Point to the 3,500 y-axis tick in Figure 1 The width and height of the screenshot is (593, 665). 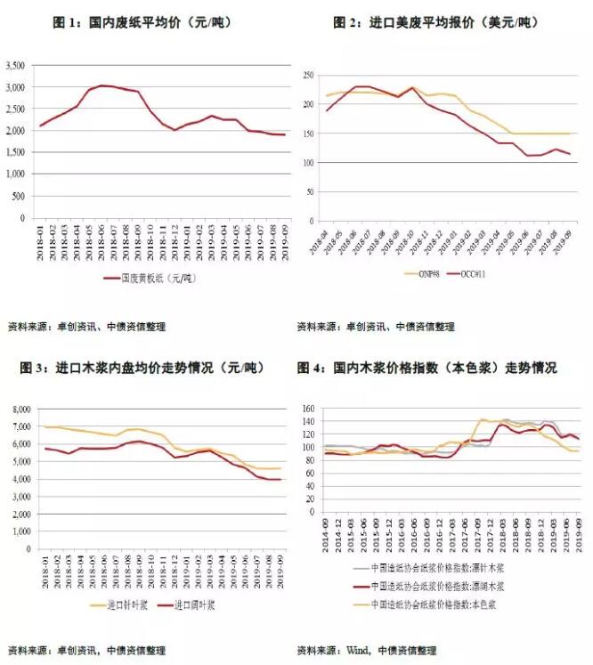18,66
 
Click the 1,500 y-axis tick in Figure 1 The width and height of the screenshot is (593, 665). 18,152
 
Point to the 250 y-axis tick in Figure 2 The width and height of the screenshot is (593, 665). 308,75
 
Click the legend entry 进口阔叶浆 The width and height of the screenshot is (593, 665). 194,606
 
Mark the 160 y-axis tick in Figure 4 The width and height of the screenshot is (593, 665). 308,410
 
